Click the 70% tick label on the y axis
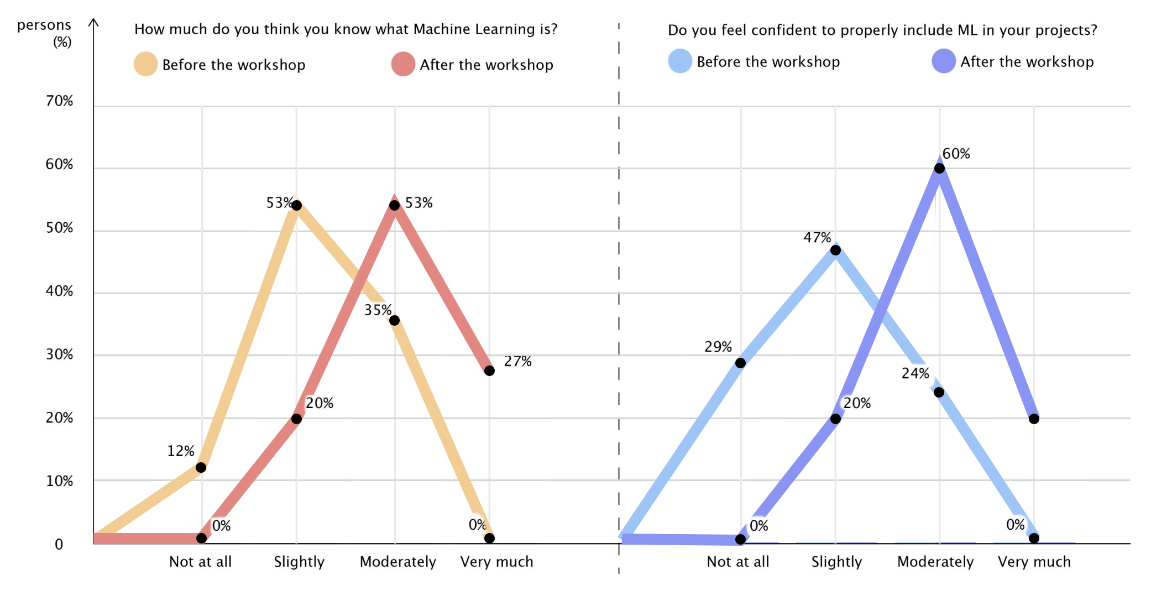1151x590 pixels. coord(59,101)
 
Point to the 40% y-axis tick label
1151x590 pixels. coord(59,291)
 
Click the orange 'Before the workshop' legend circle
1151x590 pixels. coord(145,64)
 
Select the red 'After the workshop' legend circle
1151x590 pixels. coord(403,64)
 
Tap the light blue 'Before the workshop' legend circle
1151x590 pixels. coord(680,61)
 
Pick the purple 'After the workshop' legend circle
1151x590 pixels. coord(943,61)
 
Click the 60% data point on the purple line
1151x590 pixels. coord(939,168)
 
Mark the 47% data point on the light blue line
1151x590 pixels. coord(835,250)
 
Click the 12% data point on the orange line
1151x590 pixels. coord(201,468)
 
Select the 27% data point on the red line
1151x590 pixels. coord(489,370)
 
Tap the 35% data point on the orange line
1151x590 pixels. coord(394,321)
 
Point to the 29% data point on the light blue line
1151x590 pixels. coord(740,363)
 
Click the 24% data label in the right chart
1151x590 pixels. coord(915,374)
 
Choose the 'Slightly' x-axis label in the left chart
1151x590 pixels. coord(299,562)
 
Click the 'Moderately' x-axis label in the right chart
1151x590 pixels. coord(935,562)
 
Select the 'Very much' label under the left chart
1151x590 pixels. coord(496,562)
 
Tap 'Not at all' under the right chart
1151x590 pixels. coord(738,562)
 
